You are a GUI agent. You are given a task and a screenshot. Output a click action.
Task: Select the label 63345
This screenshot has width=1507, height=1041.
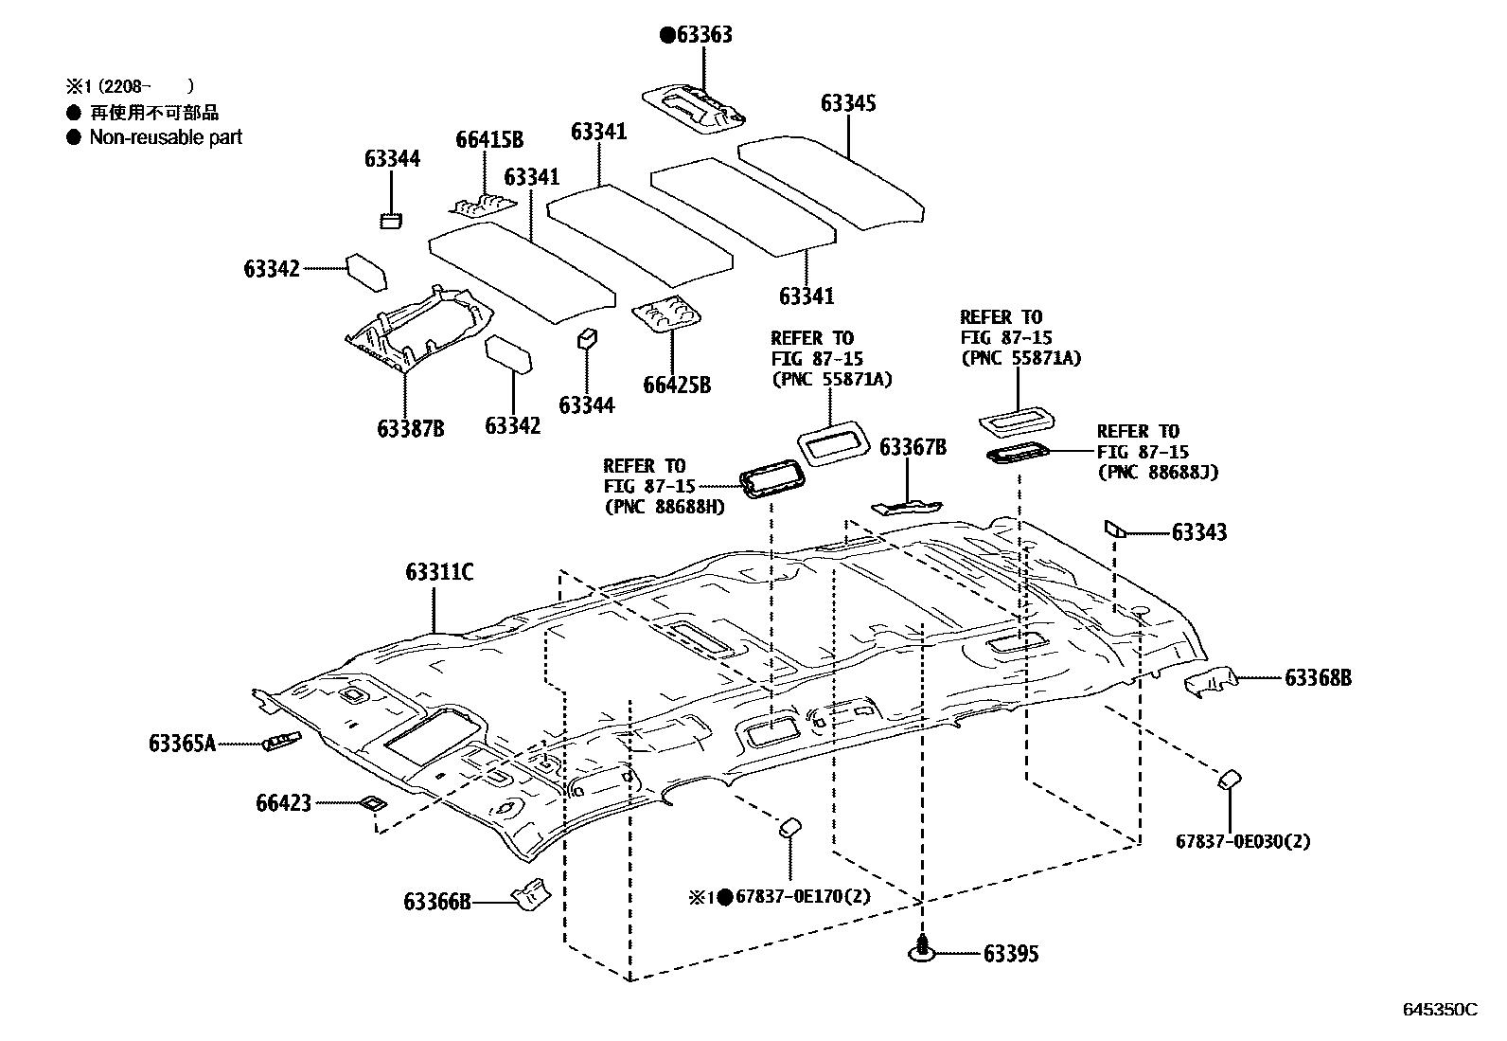(x=848, y=103)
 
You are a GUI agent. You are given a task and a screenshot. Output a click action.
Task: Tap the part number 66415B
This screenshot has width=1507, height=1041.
(x=489, y=140)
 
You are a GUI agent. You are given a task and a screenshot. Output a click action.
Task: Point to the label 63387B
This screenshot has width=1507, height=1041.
(x=411, y=428)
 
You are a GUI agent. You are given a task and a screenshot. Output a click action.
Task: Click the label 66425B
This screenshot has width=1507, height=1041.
(x=677, y=385)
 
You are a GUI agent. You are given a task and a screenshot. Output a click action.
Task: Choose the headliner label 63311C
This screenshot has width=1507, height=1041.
(x=439, y=572)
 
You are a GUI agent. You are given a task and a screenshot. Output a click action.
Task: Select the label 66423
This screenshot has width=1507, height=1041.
(x=283, y=803)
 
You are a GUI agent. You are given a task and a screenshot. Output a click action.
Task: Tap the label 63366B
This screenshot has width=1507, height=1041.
(x=437, y=902)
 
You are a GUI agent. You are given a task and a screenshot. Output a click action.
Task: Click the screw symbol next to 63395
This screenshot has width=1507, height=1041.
(x=922, y=950)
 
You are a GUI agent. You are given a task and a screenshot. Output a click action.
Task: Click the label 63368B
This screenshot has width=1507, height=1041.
(x=1318, y=677)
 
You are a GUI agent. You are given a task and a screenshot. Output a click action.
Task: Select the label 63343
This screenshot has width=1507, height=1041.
(x=1198, y=532)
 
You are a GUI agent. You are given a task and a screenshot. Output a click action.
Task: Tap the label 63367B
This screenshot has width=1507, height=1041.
(x=913, y=447)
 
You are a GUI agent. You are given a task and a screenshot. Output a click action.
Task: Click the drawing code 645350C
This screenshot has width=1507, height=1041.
(x=1439, y=1010)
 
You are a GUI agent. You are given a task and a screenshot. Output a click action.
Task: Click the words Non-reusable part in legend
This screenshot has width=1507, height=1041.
(x=166, y=137)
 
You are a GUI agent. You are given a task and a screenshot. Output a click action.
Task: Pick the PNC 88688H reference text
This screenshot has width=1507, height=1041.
(x=664, y=507)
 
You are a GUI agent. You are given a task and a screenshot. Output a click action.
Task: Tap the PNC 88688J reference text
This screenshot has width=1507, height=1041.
(x=1158, y=472)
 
